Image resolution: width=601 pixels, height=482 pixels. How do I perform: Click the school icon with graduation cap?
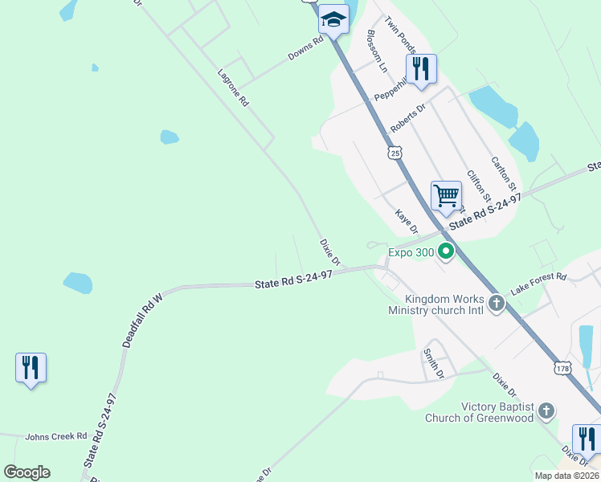[333, 19]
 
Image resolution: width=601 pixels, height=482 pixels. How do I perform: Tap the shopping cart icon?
[446, 195]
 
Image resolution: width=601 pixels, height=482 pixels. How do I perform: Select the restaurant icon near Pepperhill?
[421, 68]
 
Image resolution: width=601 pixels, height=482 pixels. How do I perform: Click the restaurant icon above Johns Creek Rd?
[31, 368]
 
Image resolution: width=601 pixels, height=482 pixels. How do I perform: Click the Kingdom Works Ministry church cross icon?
[497, 304]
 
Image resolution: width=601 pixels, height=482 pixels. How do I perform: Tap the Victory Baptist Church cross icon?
[546, 412]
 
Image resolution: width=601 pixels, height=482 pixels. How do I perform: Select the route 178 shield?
[562, 367]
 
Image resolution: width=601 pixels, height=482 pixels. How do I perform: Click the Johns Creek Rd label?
[55, 437]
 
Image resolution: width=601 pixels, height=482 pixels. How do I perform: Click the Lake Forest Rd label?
[538, 281]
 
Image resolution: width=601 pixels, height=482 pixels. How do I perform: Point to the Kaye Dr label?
[407, 223]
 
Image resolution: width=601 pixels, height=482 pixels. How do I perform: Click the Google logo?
[27, 472]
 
